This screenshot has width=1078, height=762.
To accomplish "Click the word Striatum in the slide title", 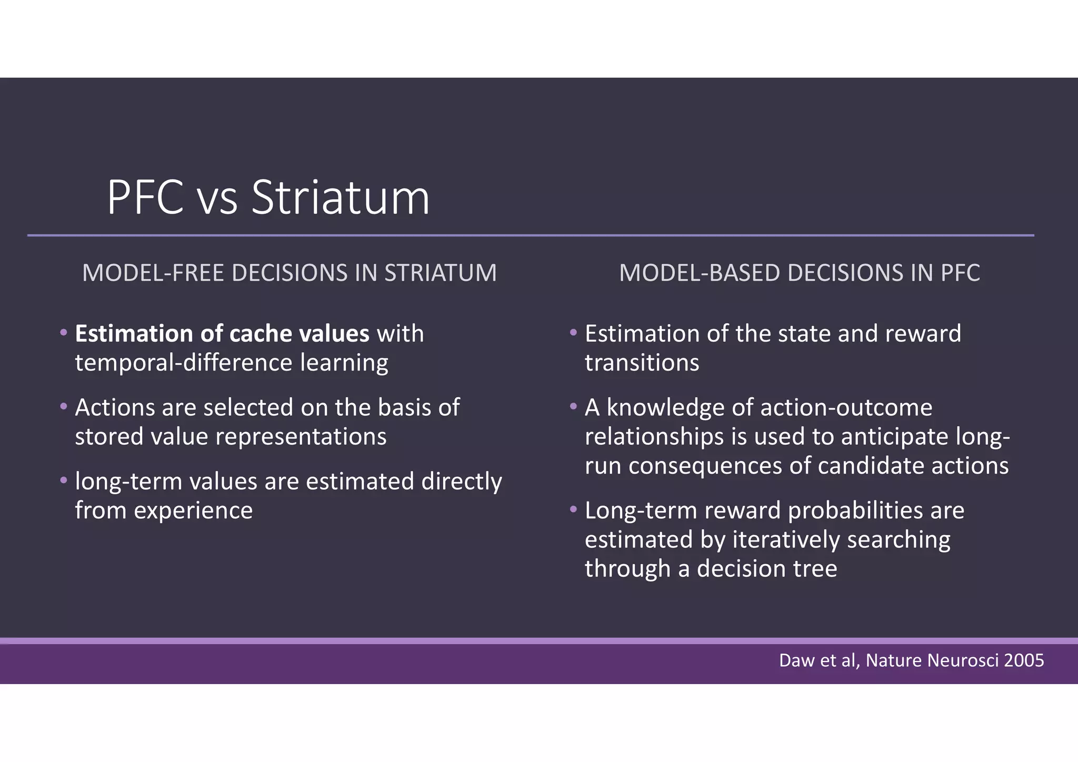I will [341, 198].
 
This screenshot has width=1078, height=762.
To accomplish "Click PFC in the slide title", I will [145, 198].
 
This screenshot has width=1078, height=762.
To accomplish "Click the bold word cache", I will [260, 334].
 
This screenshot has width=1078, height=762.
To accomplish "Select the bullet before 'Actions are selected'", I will [64, 406].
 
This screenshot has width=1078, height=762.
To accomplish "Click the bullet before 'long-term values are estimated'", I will [64, 480].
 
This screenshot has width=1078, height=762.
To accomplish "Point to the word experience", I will [193, 510].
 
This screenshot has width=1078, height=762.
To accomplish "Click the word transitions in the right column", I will [642, 363].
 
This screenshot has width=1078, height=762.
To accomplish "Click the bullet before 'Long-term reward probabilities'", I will [573, 509].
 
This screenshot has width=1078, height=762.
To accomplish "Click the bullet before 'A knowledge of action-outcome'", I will [573, 406].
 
